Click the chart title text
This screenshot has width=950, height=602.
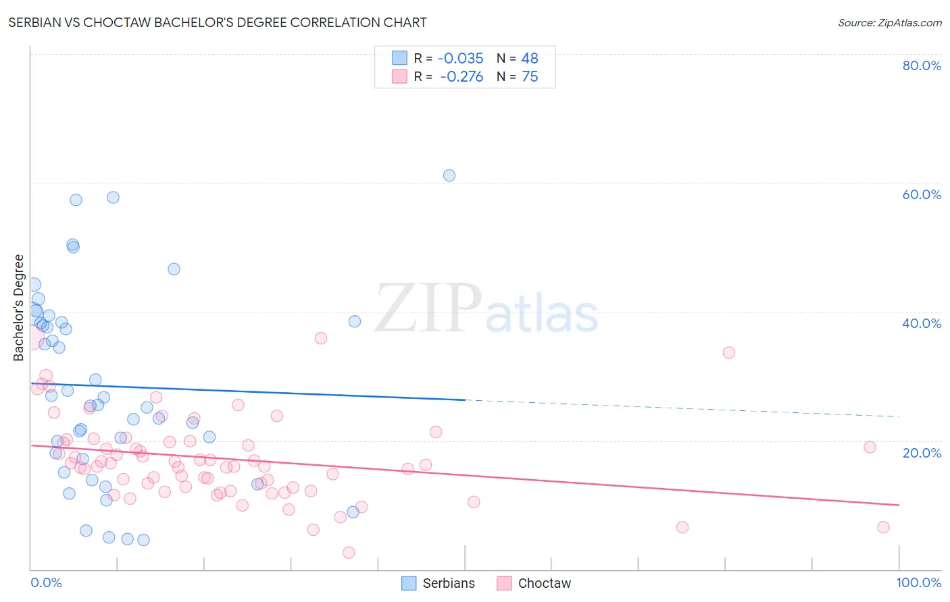pos(217,22)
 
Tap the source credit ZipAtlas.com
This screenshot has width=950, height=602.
pos(889,23)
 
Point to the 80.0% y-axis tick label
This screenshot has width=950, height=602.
pos(922,65)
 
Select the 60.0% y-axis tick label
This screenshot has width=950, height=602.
pos(922,194)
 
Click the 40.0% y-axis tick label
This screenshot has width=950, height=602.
pos(922,323)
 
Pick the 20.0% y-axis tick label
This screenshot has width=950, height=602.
pos(922,452)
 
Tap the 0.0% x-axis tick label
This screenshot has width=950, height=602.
pos(46,582)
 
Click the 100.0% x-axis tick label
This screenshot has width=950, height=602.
pos(918,582)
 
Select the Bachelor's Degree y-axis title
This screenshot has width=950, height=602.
pos(19,308)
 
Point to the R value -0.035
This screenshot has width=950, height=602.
pos(461,59)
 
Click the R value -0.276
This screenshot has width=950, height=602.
pos(461,77)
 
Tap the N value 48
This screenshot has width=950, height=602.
pos(530,59)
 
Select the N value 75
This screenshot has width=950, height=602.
pos(530,77)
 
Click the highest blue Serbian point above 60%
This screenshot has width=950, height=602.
pos(449,175)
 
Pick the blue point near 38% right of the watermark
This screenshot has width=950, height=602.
pos(355,321)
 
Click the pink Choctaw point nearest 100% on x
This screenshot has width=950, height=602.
pos(883,527)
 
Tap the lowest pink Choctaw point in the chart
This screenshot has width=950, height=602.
pos(349,553)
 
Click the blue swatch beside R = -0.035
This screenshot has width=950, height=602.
pos(400,58)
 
